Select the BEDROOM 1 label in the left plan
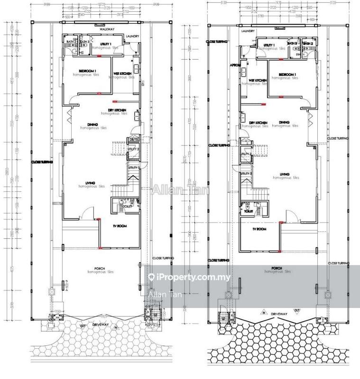tap(82, 71)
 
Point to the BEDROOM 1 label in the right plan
tap(287, 75)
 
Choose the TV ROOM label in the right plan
tap(259, 229)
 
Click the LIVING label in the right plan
tap(286, 174)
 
